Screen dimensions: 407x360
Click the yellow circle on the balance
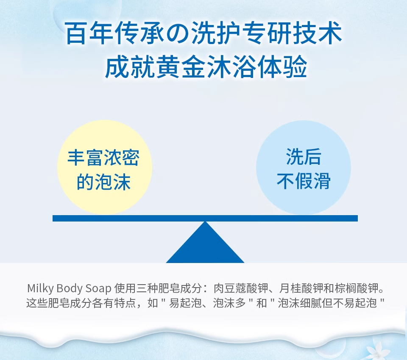pyautogui.click(x=105, y=167)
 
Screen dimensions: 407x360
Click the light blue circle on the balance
pyautogui.click(x=304, y=167)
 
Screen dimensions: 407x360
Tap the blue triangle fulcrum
pyautogui.click(x=205, y=242)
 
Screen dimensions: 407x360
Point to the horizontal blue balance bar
pyautogui.click(x=205, y=219)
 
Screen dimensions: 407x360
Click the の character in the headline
pyautogui.click(x=178, y=34)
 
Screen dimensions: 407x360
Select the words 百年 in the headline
pyautogui.click(x=89, y=34)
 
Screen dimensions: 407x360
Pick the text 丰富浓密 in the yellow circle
pyautogui.click(x=103, y=158)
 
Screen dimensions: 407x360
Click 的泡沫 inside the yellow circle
pyautogui.click(x=103, y=182)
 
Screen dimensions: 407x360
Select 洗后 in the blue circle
pyautogui.click(x=304, y=157)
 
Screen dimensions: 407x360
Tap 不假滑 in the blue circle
pyautogui.click(x=304, y=181)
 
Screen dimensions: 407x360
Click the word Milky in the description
pyautogui.click(x=40, y=288)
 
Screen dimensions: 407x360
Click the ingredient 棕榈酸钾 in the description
pyautogui.click(x=357, y=288)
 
